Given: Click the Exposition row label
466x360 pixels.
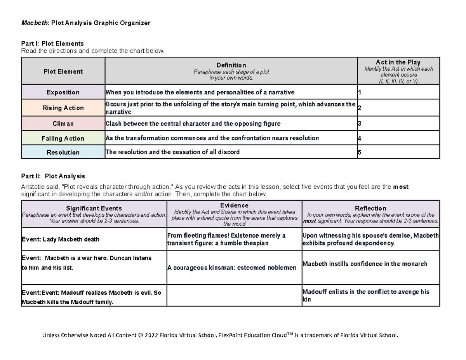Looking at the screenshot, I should (x=63, y=92).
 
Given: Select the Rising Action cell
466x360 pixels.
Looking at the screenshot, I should (x=63, y=108).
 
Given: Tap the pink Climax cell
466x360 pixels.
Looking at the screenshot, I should (x=63, y=124).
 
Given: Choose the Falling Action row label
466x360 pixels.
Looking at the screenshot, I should (x=63, y=138).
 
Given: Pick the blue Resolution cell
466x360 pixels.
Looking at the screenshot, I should (x=63, y=152).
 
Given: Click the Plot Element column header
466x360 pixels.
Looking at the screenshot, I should (x=63, y=71).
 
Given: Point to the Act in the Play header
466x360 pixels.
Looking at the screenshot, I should (x=398, y=63).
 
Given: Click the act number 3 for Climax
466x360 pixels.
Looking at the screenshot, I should (x=359, y=124).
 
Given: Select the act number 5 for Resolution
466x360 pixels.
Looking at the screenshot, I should (x=359, y=152).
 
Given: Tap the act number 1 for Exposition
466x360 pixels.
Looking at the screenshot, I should (x=359, y=92).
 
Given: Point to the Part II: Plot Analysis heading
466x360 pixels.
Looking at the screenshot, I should (x=53, y=176).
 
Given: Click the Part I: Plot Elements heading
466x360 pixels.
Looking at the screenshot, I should (x=52, y=43).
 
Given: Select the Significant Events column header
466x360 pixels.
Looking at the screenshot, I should (x=94, y=209).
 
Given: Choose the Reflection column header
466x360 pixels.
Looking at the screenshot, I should (x=370, y=209).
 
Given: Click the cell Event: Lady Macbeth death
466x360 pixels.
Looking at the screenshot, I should (x=60, y=240).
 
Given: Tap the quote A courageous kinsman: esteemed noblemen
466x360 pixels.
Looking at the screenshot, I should (x=231, y=268).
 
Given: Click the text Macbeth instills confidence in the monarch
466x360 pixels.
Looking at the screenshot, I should (x=365, y=264).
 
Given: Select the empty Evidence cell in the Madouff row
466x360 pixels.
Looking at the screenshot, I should (x=234, y=296).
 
